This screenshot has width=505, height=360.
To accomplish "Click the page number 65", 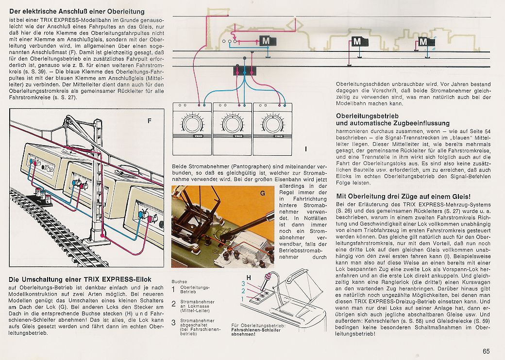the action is [486, 351].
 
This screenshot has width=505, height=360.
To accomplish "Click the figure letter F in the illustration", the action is [149, 121].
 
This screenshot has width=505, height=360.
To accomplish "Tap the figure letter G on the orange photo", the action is [263, 193].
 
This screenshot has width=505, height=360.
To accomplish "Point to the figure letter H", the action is [249, 278].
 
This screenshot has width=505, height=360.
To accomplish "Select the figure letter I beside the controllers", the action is [305, 149].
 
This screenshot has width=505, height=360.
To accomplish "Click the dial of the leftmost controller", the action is [192, 124].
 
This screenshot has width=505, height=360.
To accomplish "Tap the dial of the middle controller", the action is [232, 124].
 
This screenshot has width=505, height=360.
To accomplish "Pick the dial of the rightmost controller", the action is [272, 124].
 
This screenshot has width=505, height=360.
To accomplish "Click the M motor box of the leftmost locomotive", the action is [268, 41].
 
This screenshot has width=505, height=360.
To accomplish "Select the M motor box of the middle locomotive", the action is [359, 42].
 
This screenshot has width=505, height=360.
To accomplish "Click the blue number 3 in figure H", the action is [243, 283].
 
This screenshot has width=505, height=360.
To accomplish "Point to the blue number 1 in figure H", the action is [242, 299].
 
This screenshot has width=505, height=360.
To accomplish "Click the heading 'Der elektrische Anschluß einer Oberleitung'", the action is [77, 12].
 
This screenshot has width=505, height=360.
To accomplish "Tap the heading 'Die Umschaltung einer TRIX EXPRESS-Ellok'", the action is [80, 279].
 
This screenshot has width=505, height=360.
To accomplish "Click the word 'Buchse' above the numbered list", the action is [179, 281].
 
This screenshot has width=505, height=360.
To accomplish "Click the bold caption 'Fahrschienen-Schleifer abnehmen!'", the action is [256, 332].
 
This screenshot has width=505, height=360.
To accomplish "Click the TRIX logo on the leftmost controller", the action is [197, 136].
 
